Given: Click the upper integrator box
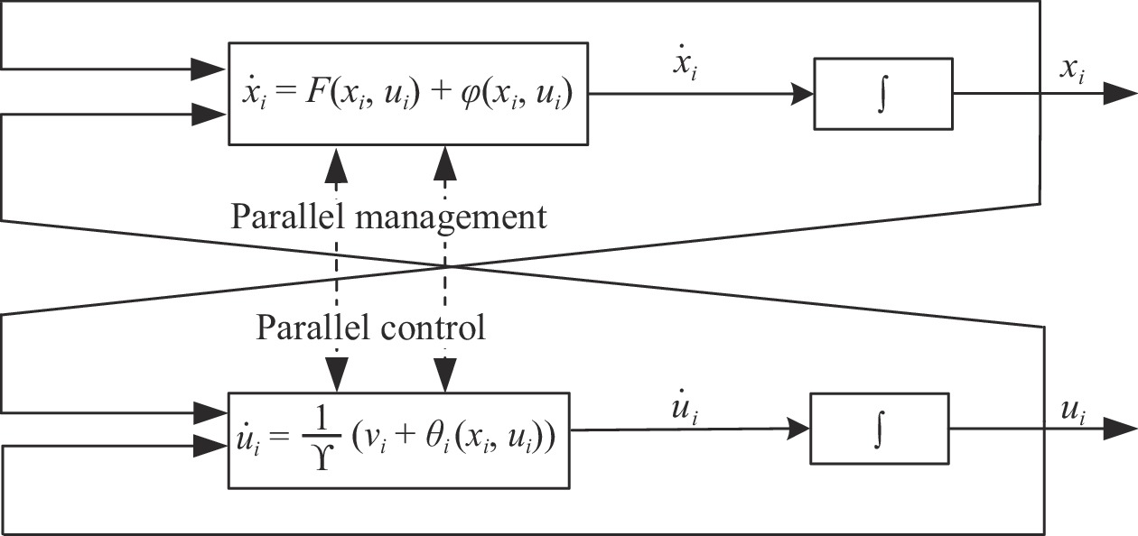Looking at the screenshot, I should click(x=883, y=93).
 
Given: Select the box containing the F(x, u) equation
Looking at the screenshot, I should click(x=407, y=93).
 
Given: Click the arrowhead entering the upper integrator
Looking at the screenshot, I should click(x=804, y=93).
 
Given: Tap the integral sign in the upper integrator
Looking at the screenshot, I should click(x=883, y=93).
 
